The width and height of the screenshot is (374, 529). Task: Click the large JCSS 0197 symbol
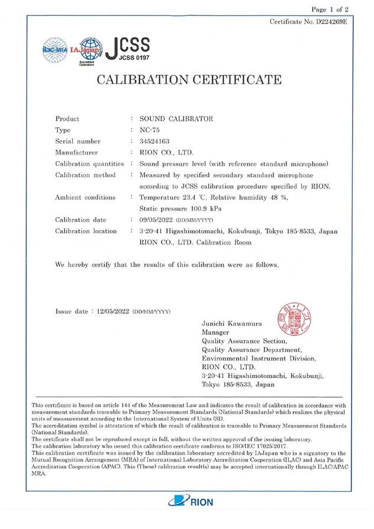point(127,47)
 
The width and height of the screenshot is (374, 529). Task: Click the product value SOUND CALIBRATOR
point(176,119)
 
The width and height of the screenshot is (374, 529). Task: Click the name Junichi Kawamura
point(235,324)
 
